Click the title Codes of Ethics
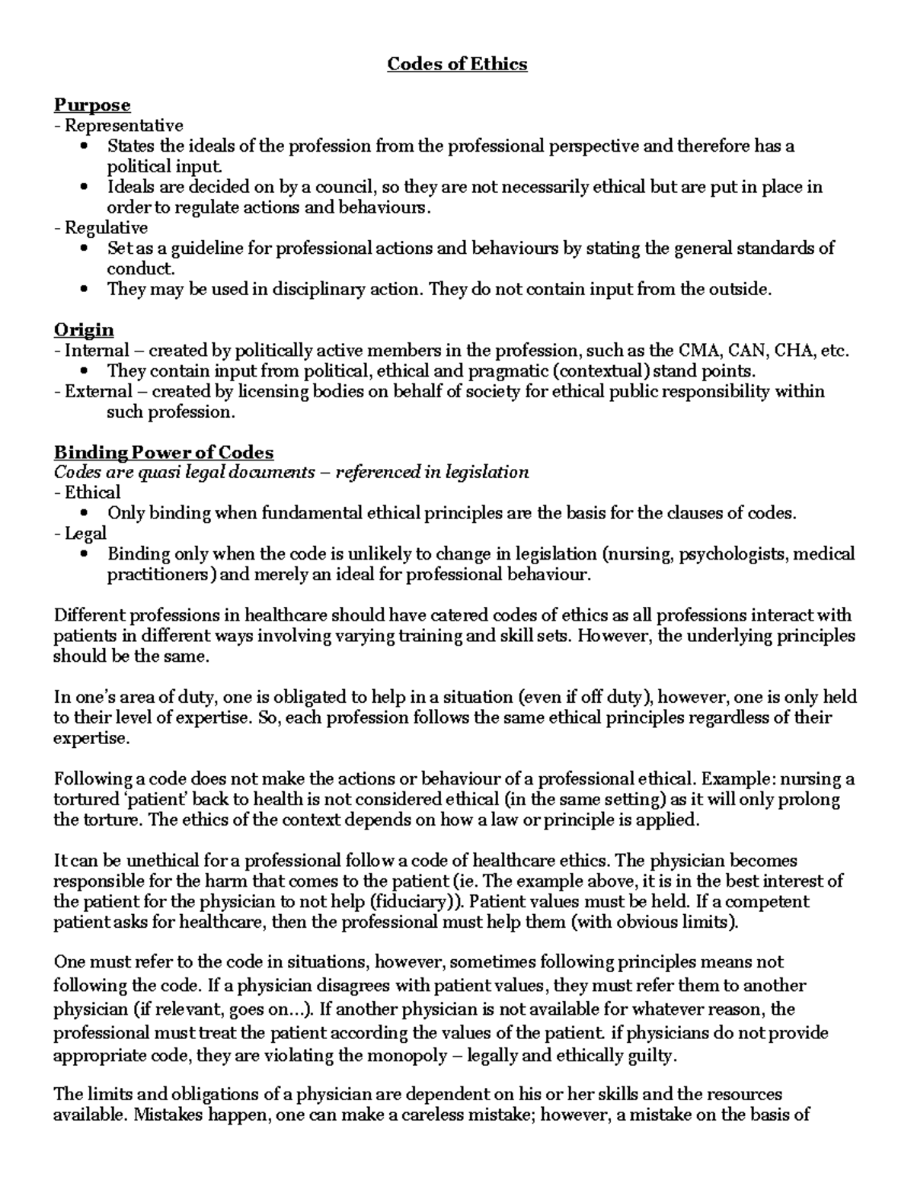[x=457, y=64]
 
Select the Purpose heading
[x=92, y=104]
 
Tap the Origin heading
[x=84, y=329]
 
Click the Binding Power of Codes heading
[x=164, y=452]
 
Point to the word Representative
[x=123, y=125]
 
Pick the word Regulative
[x=106, y=227]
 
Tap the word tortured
[x=85, y=800]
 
